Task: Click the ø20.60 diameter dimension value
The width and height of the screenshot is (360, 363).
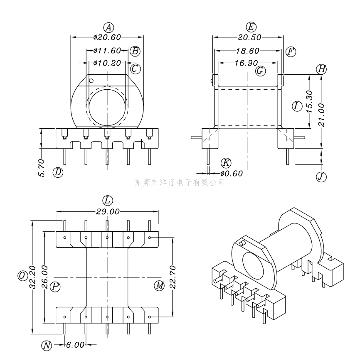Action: (x=107, y=37)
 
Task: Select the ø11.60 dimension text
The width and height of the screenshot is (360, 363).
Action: (x=107, y=51)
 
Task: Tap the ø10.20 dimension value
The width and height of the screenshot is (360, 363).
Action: (x=107, y=63)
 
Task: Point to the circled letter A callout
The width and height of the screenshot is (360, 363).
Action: (x=108, y=27)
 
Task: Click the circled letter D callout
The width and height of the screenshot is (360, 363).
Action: (x=58, y=172)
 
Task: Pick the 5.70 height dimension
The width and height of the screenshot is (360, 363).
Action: (x=42, y=168)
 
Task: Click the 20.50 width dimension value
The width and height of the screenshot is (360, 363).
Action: (x=249, y=37)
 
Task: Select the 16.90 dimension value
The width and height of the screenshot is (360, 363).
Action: (x=246, y=63)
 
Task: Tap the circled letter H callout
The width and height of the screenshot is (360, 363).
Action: (x=321, y=69)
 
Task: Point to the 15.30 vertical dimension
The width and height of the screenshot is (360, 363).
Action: (x=310, y=101)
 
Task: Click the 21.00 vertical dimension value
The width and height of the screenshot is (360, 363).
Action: (x=321, y=115)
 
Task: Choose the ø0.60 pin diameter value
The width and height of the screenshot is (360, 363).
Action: (x=232, y=173)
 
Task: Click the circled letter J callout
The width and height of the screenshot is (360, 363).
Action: (x=321, y=177)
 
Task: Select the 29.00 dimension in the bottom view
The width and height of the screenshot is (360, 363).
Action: (x=108, y=211)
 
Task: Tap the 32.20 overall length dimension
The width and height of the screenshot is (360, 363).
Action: (x=33, y=277)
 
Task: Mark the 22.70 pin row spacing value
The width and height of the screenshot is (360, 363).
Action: (x=173, y=277)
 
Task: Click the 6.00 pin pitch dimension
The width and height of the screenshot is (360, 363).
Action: (x=75, y=345)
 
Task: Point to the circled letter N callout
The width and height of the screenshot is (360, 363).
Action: (x=47, y=346)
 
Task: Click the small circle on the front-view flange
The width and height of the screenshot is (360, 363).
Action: (x=91, y=81)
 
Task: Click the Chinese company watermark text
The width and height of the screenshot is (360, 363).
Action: (x=180, y=183)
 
